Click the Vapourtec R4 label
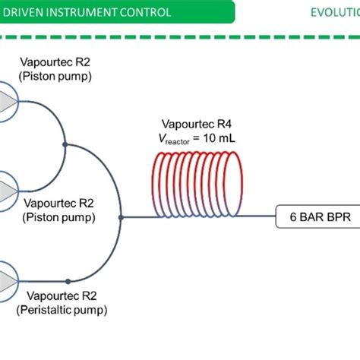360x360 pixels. coord(193,124)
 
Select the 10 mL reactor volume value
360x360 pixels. coord(217,137)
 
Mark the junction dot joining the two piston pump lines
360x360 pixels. coord(67,144)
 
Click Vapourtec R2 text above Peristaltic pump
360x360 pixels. coord(62,295)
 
